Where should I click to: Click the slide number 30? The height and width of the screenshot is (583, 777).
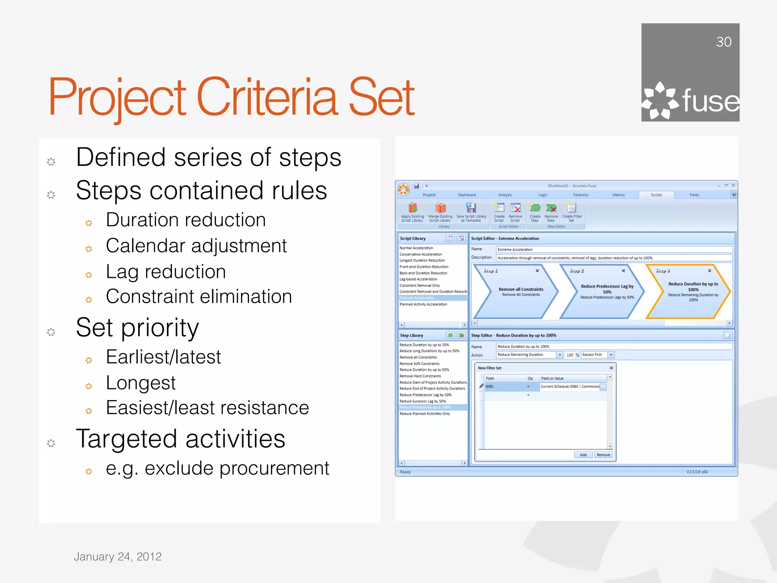(x=723, y=42)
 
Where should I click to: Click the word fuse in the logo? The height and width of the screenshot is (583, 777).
(x=711, y=101)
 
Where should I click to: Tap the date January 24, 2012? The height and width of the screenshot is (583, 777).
(x=118, y=556)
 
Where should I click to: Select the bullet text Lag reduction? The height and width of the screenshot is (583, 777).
(x=166, y=272)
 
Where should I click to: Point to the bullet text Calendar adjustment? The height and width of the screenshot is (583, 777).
(x=196, y=246)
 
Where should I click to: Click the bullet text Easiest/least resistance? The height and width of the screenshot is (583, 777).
(x=207, y=408)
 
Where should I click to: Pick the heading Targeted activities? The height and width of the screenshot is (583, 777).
(x=181, y=439)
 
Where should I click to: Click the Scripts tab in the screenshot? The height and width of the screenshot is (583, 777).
(x=656, y=195)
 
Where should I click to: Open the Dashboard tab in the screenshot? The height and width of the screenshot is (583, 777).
(x=467, y=195)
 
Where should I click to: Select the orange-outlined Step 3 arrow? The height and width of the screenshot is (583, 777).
(x=689, y=291)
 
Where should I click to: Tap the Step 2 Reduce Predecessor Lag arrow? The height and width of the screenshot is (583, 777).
(x=602, y=291)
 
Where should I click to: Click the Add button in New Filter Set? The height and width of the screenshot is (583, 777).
(x=583, y=455)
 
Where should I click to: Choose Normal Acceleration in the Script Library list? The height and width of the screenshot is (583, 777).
(x=416, y=248)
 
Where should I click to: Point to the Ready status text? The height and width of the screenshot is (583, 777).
(x=405, y=472)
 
